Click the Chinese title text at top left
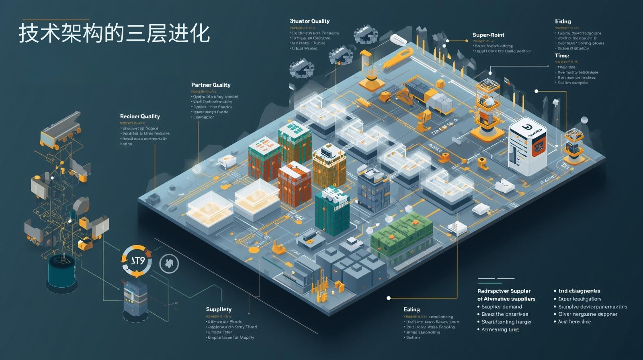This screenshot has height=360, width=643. pos(114,33)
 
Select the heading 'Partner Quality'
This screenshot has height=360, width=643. pos(211,85)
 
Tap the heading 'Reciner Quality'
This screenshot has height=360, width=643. pos(140,116)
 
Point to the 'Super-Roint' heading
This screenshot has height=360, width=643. pos(488,35)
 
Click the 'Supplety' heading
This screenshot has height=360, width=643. pos(219,309)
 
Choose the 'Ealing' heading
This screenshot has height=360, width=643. pos(412,309)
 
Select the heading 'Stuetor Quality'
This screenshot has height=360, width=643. pos(309,21)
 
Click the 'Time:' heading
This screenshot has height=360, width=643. pos(562,55)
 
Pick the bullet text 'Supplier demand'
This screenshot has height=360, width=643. pos(502,307)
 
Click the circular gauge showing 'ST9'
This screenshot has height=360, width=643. pos(137,261)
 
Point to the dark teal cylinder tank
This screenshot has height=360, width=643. pos(61,271)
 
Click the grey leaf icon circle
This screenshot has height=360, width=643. pos(169,264)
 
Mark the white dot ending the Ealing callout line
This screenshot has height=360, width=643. pos(389,298)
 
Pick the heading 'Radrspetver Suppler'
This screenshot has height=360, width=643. pos(504,291)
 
